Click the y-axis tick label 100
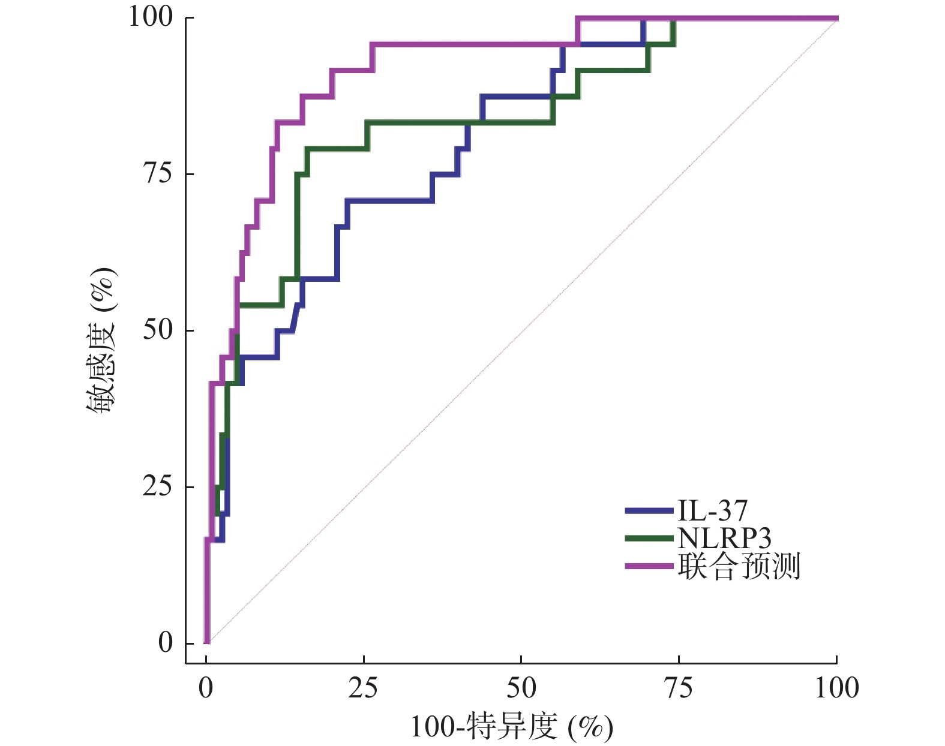(x=151, y=17)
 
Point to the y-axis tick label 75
(x=158, y=173)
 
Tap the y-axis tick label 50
(x=158, y=330)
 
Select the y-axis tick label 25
(x=158, y=486)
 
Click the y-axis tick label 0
(x=165, y=643)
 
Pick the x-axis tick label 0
(x=206, y=688)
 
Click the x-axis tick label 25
(x=363, y=688)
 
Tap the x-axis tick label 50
(x=521, y=688)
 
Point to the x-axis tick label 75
(x=679, y=688)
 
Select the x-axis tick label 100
(x=836, y=688)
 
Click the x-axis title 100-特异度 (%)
(x=511, y=727)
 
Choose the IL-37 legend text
(x=713, y=511)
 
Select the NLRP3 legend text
(x=724, y=538)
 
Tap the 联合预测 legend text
(x=739, y=566)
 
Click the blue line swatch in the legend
(x=649, y=511)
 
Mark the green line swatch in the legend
(x=649, y=539)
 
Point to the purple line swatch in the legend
(x=649, y=566)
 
